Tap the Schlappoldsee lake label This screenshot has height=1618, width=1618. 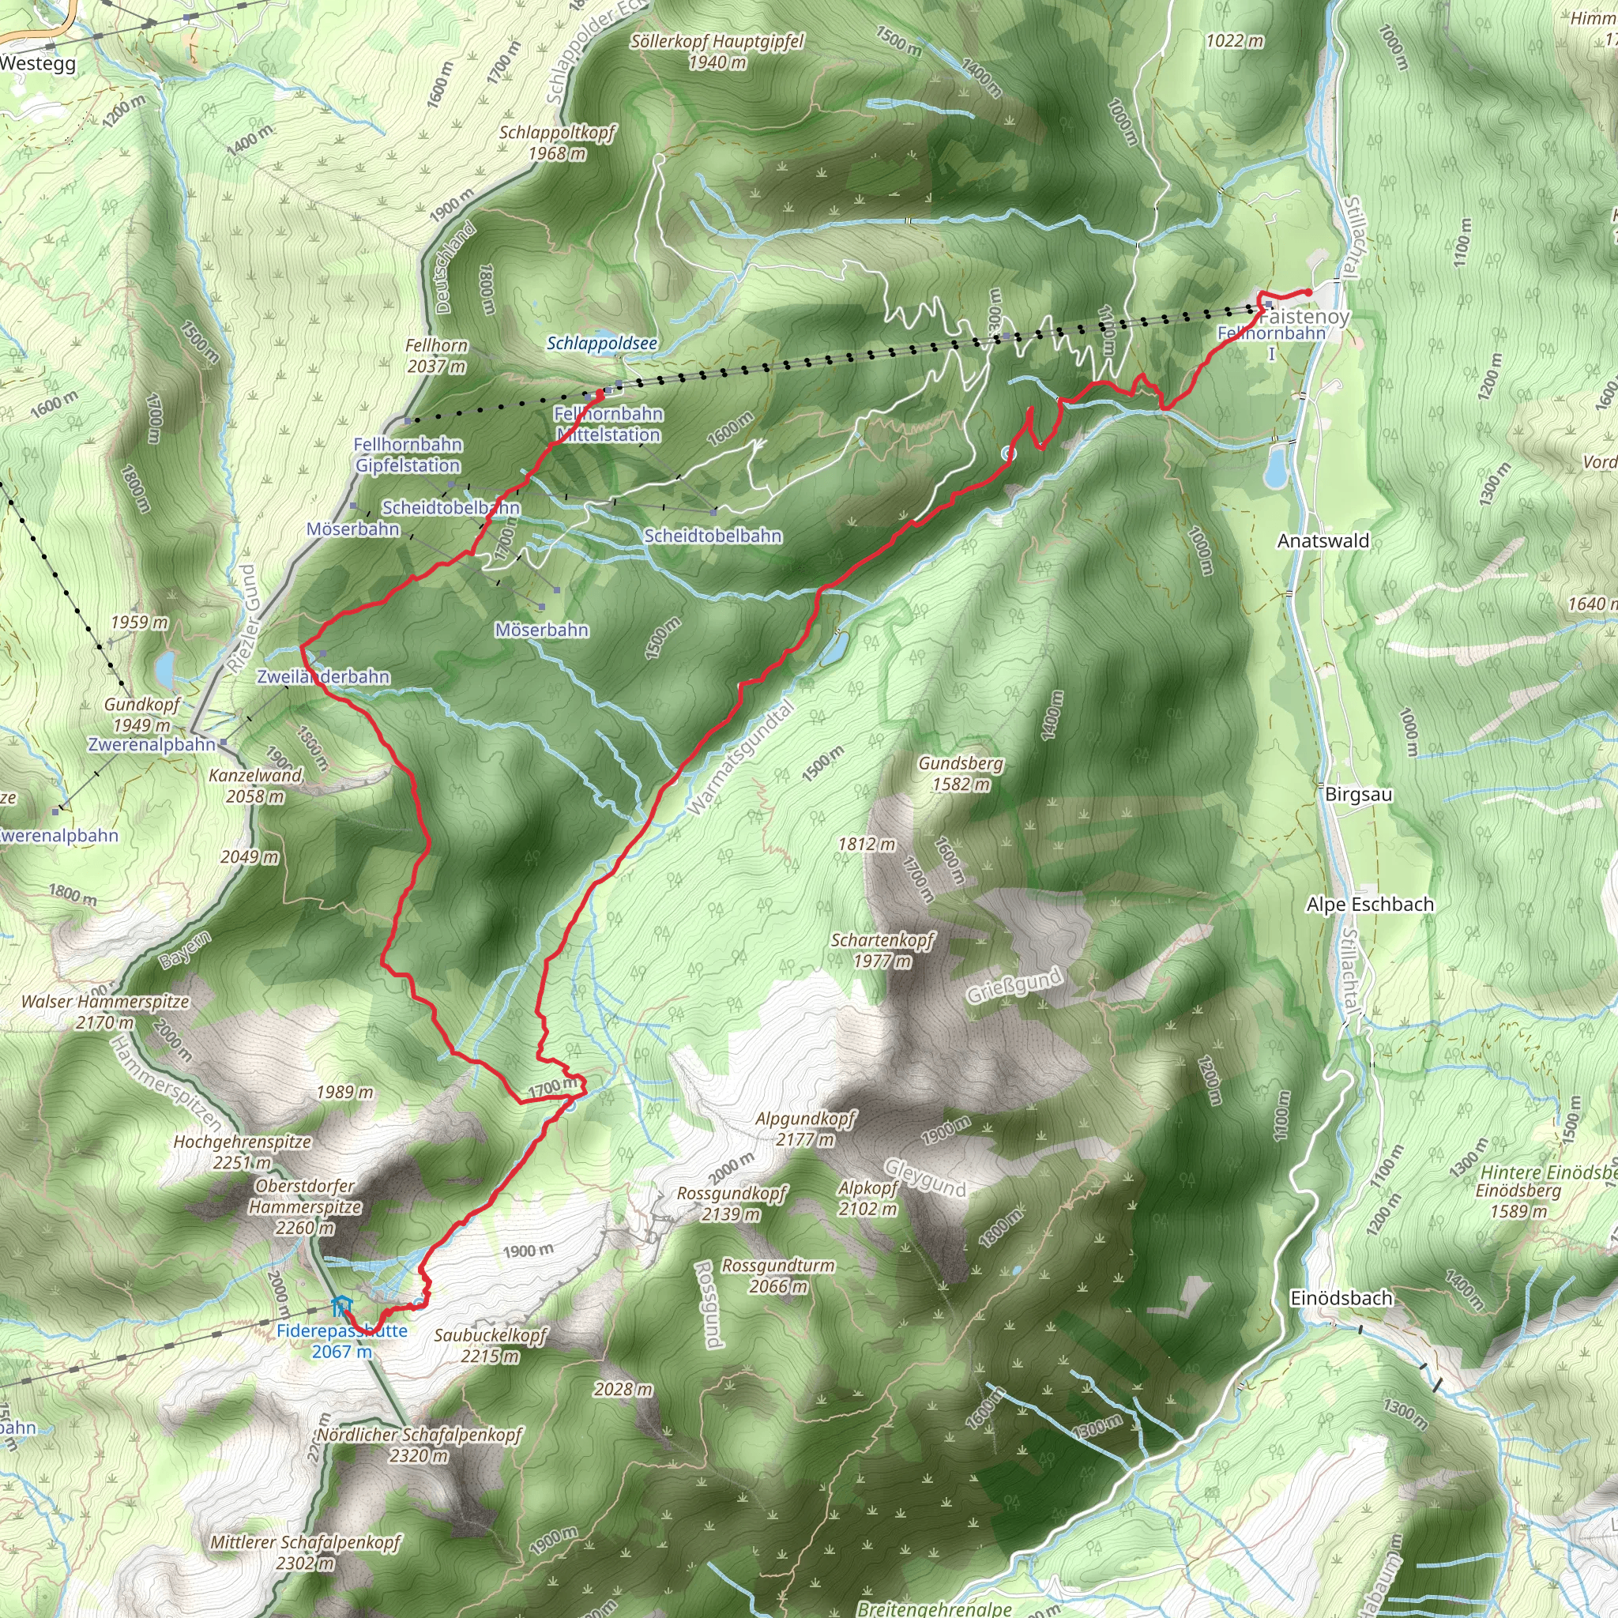pyautogui.click(x=601, y=344)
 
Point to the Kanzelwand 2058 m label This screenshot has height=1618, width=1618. pyautogui.click(x=256, y=785)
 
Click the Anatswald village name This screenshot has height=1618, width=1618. pyautogui.click(x=1323, y=541)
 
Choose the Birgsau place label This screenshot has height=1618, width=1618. pyautogui.click(x=1358, y=794)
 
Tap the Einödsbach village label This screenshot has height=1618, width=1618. pyautogui.click(x=1341, y=1298)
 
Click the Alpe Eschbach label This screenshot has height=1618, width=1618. pyautogui.click(x=1370, y=905)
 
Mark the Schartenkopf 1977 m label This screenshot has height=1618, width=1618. pyautogui.click(x=882, y=950)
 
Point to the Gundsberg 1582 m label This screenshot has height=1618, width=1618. pyautogui.click(x=961, y=773)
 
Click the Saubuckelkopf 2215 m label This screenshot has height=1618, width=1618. pyautogui.click(x=490, y=1345)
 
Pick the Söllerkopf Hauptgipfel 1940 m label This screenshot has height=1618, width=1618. pyautogui.click(x=717, y=51)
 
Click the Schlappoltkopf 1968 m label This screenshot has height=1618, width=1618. pyautogui.click(x=557, y=142)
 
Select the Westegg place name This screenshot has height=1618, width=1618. pyautogui.click(x=38, y=64)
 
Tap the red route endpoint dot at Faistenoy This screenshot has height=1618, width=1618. pyautogui.click(x=1308, y=292)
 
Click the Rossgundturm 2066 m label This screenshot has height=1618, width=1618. pyautogui.click(x=778, y=1275)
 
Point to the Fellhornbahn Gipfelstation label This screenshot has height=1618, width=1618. pyautogui.click(x=407, y=455)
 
